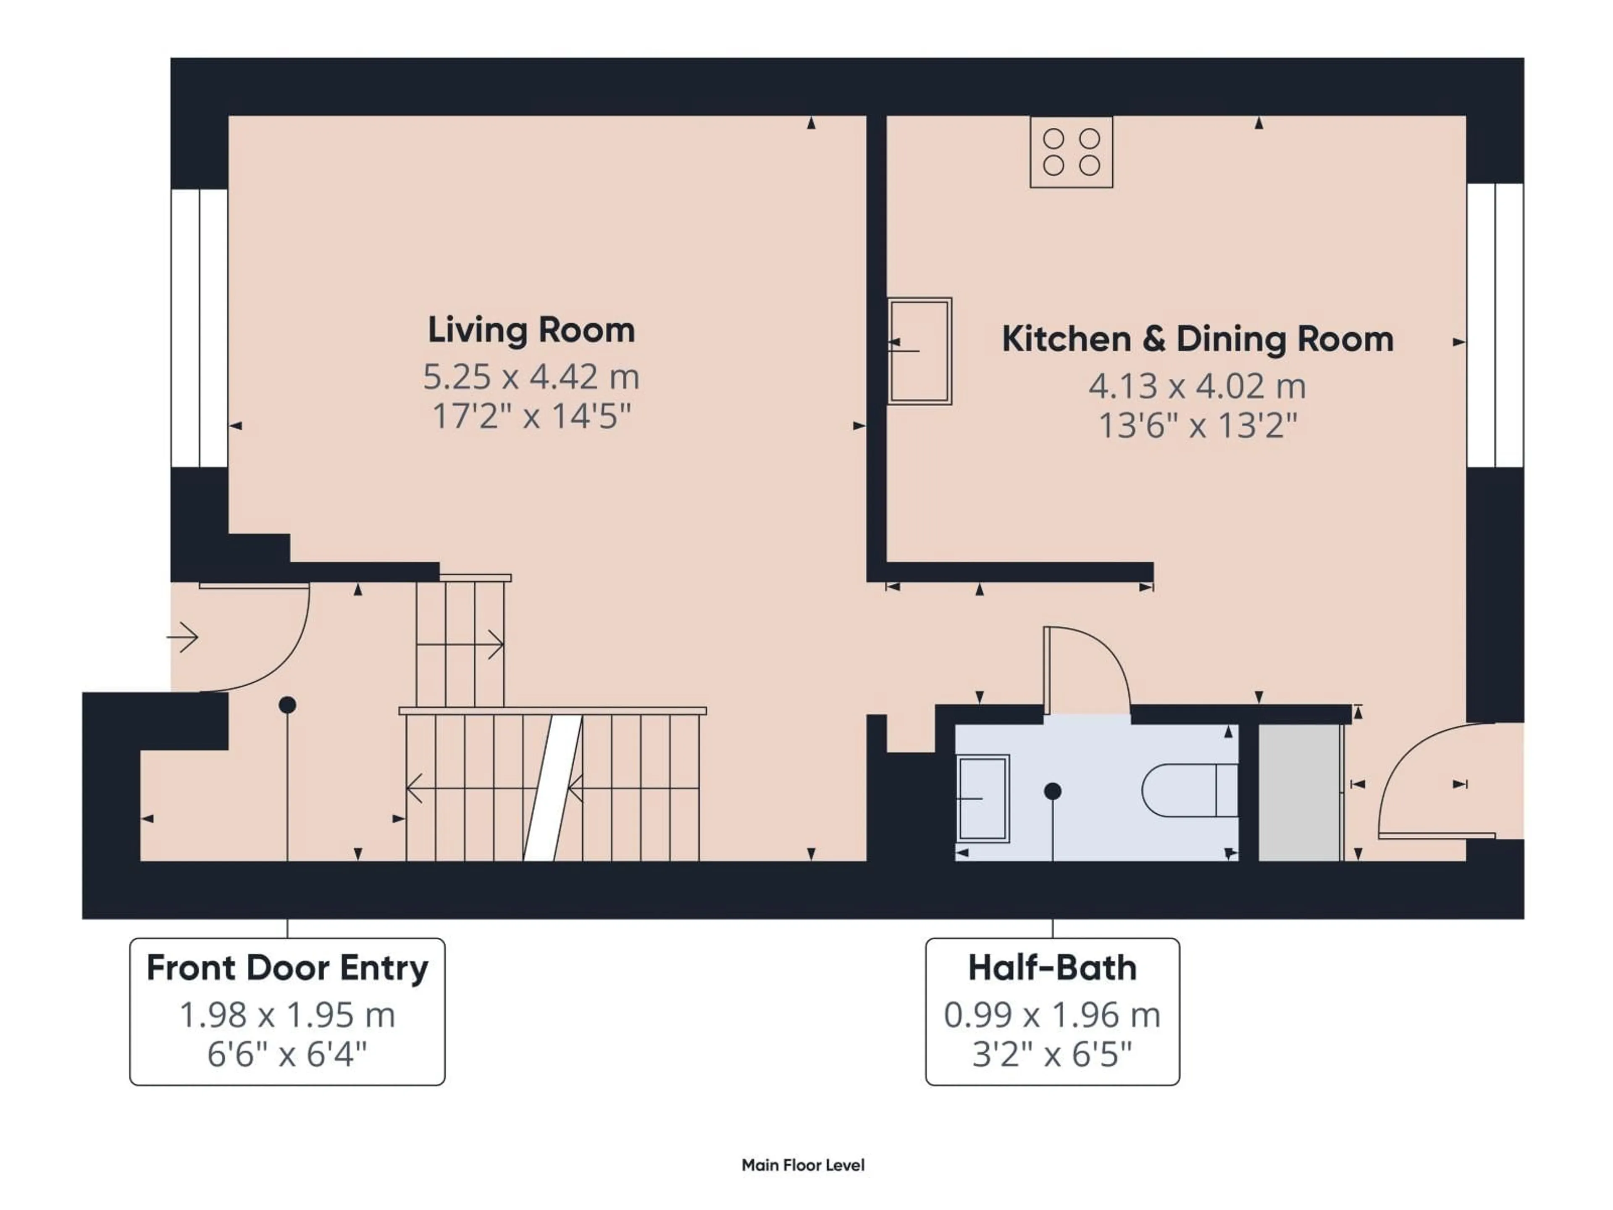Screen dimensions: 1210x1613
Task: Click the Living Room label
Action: tap(531, 330)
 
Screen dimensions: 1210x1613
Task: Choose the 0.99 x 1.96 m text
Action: tap(1051, 1015)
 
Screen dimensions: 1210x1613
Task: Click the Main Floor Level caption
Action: tap(803, 1165)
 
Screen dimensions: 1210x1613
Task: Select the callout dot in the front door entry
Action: tap(287, 705)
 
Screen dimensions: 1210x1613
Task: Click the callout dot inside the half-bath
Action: tap(1052, 791)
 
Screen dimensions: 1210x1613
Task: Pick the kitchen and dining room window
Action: tap(1495, 325)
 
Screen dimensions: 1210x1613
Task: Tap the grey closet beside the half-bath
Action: tap(1300, 793)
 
